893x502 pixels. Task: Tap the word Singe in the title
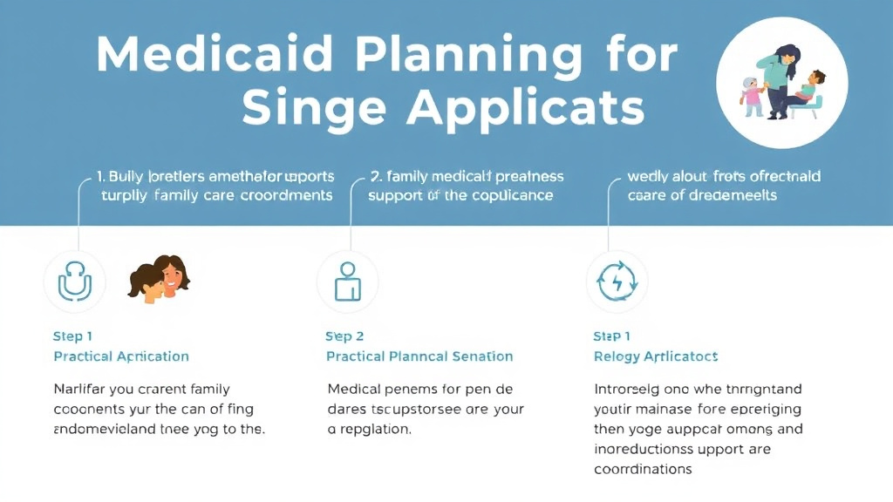315,109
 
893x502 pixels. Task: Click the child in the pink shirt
751,94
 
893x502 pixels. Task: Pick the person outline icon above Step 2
347,282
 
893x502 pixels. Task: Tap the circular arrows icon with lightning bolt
617,282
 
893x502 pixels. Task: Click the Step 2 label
345,336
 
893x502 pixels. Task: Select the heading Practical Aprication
121,356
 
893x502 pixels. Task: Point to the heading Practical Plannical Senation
419,356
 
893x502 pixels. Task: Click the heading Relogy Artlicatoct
656,356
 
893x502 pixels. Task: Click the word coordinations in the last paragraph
644,469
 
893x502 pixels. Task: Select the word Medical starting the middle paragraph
354,389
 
